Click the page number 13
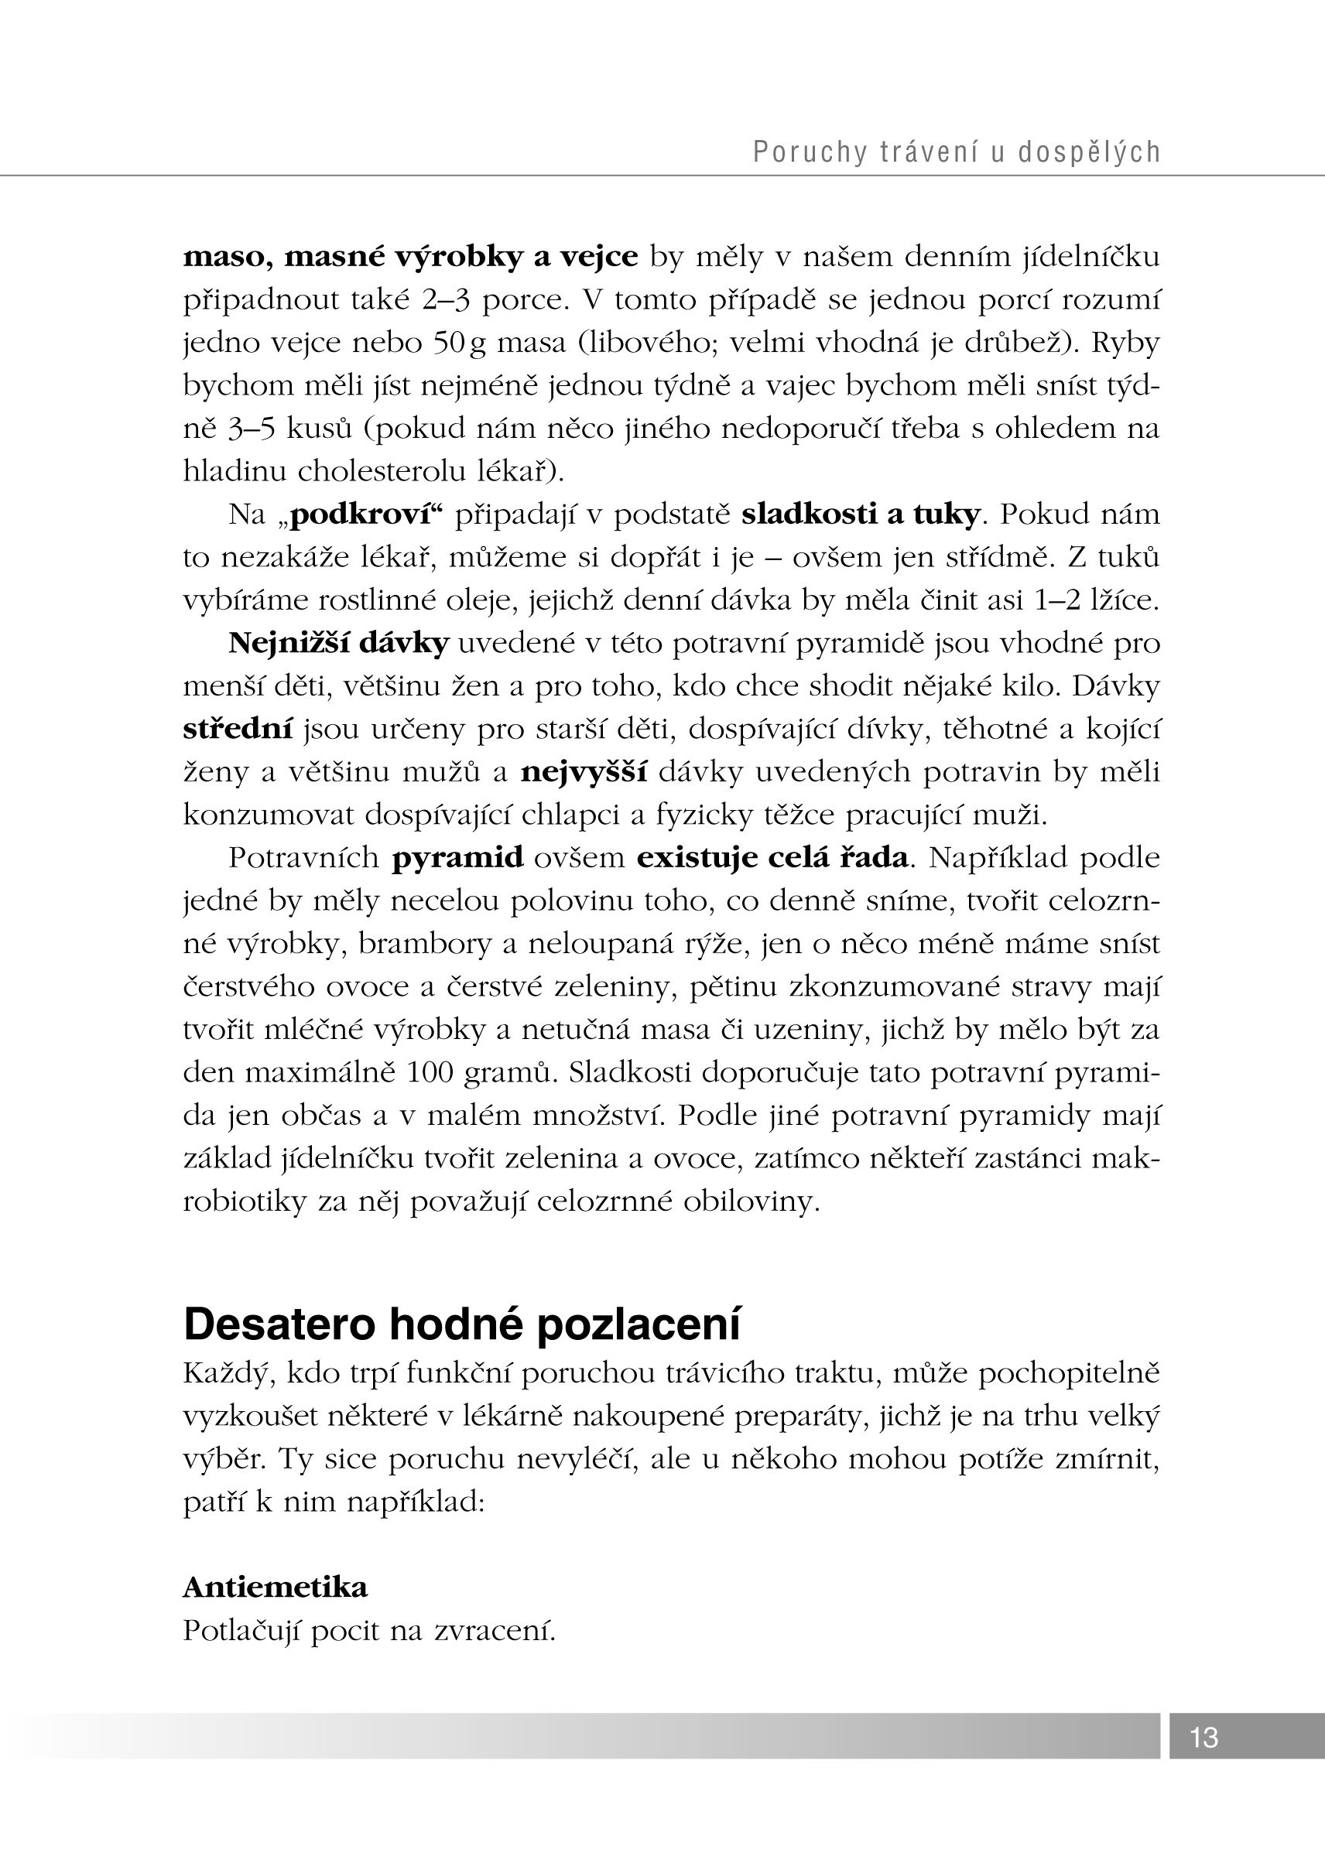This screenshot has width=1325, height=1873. (1203, 1737)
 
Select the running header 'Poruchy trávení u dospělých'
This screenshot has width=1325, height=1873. (957, 152)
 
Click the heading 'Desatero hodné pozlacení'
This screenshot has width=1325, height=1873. (462, 1323)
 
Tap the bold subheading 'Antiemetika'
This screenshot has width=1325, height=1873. (275, 1588)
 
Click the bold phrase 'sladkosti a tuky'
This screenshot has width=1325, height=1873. (860, 514)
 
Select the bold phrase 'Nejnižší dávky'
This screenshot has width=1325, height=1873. (338, 644)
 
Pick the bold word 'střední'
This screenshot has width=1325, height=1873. (238, 730)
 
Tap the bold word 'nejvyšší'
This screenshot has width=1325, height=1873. (584, 772)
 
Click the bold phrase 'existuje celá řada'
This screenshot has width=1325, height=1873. (772, 858)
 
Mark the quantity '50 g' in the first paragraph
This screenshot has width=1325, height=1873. (460, 343)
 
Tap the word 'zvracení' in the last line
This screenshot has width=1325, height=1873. (495, 1631)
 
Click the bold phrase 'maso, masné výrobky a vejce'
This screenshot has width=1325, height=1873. (410, 257)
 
